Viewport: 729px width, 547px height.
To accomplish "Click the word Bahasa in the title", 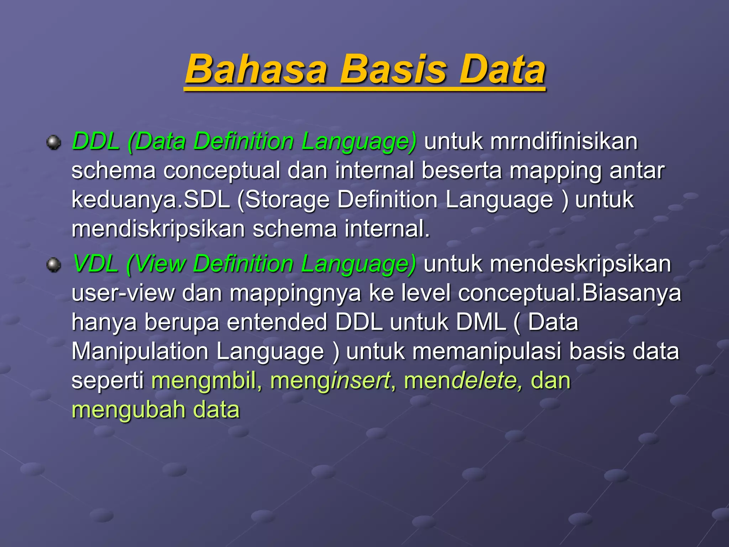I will (256, 69).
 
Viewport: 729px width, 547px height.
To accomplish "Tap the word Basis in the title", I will (393, 69).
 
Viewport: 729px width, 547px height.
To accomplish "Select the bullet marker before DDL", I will (54, 142).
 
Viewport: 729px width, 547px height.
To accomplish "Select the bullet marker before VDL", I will (54, 265).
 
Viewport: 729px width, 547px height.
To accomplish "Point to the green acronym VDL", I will (95, 264).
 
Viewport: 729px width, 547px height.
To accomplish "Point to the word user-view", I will (123, 293).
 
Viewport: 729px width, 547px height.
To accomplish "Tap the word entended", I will (277, 322).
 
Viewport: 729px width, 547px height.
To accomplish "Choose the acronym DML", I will (481, 322).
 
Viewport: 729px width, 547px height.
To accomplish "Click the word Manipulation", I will (140, 351).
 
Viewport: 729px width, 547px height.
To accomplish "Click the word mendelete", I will (463, 381).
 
